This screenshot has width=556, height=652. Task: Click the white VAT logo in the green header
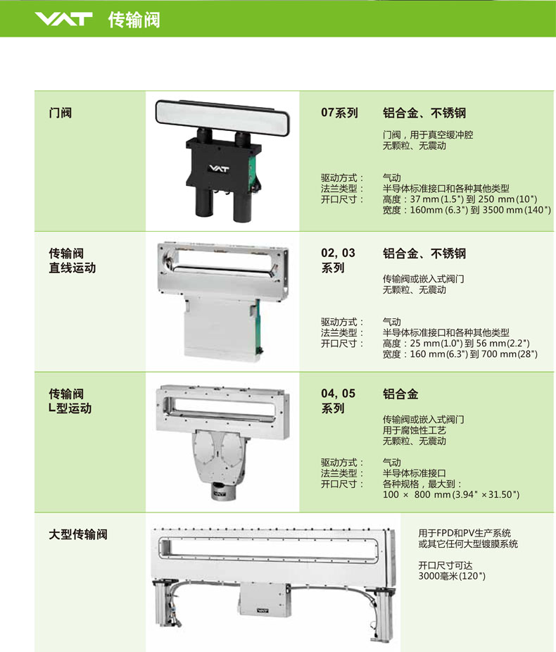63,19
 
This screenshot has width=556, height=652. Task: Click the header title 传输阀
134,20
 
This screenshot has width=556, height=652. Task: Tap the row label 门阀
61,113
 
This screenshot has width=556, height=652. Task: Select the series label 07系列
339,113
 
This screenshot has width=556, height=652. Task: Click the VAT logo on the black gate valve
219,168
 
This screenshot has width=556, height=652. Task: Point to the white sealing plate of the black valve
222,113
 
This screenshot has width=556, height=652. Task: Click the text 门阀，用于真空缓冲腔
428,134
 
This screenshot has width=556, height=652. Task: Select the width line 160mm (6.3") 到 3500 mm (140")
467,210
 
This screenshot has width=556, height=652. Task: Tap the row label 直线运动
72,268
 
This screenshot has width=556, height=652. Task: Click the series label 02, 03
338,253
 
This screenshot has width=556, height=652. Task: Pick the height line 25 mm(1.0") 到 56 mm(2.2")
456,344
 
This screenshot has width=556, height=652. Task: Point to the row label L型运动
70,408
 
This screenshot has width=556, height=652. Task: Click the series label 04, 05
338,394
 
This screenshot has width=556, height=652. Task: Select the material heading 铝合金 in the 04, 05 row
400,394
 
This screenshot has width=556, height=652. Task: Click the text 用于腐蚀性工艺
415,430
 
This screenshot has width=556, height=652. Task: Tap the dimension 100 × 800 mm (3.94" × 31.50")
451,494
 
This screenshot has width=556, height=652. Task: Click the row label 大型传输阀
78,534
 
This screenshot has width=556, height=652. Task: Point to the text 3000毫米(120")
452,576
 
